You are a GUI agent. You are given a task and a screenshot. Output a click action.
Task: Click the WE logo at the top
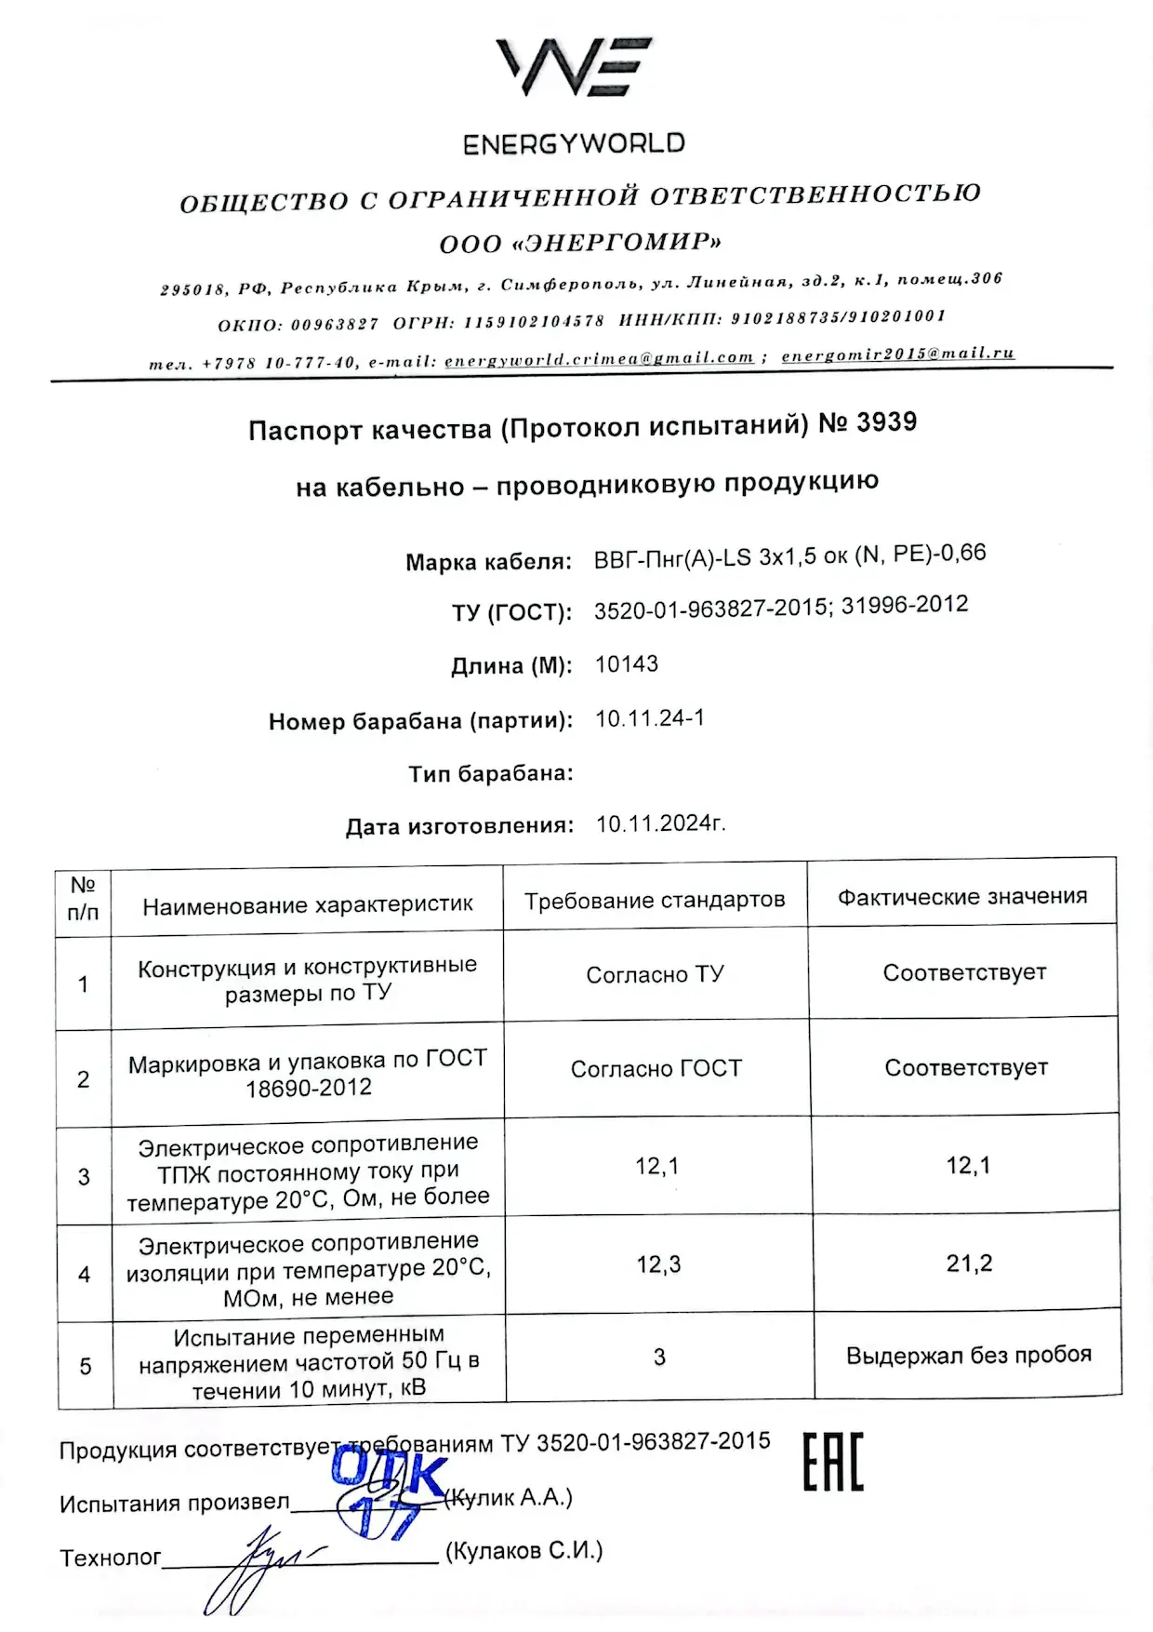pos(574,67)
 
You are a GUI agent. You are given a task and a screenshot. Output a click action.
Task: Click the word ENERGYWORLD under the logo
pos(574,144)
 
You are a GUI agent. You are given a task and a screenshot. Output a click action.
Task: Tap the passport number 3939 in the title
pos(886,422)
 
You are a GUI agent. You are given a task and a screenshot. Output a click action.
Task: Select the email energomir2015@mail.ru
pos(897,354)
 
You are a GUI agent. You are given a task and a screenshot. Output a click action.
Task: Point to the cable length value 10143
pos(627,664)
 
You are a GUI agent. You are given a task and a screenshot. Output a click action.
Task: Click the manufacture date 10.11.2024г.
pos(660,823)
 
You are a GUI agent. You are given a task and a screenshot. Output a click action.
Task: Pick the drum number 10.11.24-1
pos(650,718)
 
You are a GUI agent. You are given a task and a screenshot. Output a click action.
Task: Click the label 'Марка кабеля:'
pos(488,562)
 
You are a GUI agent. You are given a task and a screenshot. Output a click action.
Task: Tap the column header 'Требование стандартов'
pos(655,900)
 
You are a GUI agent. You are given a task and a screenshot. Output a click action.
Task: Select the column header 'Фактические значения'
pos(962,897)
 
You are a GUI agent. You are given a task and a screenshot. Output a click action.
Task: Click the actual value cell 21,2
pos(969,1264)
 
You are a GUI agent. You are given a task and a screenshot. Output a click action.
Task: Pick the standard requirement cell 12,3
pos(658,1264)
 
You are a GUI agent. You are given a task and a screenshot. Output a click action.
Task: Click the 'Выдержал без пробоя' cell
pos(968,1355)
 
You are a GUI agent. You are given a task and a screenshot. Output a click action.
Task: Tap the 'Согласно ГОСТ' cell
pos(656,1069)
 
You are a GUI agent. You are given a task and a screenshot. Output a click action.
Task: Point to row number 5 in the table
pos(86,1366)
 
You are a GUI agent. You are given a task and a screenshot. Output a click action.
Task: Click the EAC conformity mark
pos(833,1462)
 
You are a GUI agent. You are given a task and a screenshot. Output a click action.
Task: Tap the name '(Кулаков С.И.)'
pos(524,1551)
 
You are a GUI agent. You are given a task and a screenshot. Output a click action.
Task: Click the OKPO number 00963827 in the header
pos(335,325)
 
